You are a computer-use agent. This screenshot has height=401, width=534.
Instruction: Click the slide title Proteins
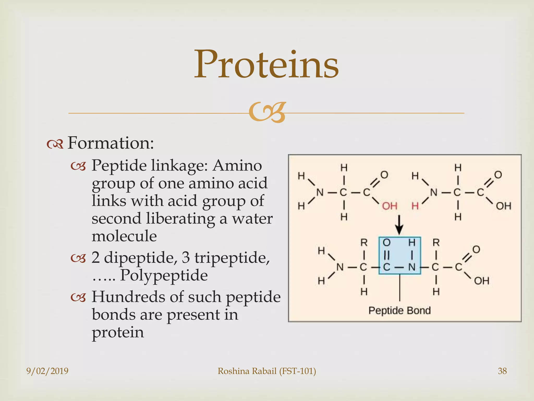point(266,65)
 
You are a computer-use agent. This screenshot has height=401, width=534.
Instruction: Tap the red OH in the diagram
point(390,206)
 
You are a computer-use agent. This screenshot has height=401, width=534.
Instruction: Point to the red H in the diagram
point(415,206)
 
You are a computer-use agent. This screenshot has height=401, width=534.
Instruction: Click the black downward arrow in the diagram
point(399,225)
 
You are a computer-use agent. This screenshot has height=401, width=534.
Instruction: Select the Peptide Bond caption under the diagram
point(399,311)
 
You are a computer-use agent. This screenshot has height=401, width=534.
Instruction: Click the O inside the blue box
point(386,243)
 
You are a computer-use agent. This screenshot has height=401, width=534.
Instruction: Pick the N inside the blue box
point(411,267)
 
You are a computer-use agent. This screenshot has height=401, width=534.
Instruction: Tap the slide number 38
point(502,371)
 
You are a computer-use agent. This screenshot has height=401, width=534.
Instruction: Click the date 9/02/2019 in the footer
point(47,371)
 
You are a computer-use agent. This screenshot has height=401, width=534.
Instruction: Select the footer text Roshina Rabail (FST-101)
point(267,371)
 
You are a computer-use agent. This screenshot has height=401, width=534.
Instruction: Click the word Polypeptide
point(164,275)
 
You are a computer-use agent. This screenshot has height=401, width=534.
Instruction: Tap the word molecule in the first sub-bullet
point(124,236)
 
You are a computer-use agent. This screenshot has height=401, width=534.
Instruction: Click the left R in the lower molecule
point(364,243)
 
